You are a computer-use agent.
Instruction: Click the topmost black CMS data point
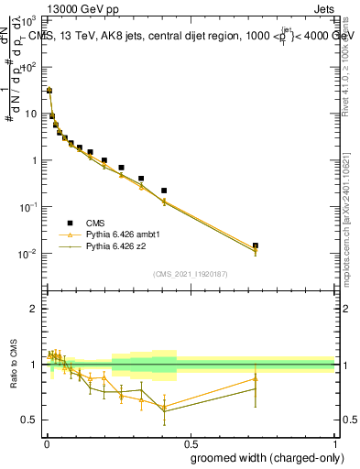pos(49,91)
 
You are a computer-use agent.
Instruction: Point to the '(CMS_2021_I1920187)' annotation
pos(190,274)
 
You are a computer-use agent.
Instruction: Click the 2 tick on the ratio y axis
pos(34,309)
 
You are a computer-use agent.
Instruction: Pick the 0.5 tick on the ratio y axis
pos(30,420)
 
